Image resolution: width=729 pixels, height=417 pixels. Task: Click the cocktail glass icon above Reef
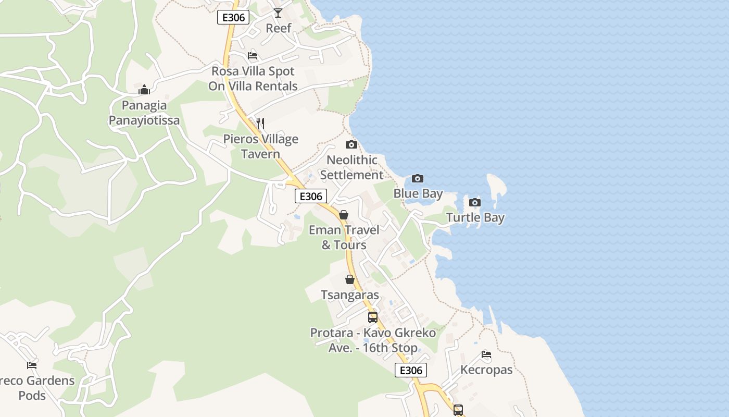[x=278, y=13]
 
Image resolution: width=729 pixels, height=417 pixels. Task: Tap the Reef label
[x=279, y=28]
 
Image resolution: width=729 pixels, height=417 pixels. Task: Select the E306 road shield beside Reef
[x=233, y=17]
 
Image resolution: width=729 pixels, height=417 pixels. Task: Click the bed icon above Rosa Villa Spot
[x=253, y=56]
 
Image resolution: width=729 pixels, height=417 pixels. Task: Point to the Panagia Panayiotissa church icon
[x=144, y=90]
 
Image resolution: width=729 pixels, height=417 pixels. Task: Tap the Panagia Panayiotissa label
[x=144, y=113]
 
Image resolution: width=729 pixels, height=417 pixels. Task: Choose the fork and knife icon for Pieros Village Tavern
[x=260, y=124]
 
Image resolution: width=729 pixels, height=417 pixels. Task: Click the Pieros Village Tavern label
[x=261, y=146]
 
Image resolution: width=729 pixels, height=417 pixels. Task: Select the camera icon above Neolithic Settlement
[x=351, y=144]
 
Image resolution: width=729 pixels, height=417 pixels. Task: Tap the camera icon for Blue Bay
[x=418, y=179]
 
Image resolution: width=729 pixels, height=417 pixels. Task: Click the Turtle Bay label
[x=475, y=217]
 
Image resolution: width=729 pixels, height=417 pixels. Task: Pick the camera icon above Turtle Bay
[x=474, y=202]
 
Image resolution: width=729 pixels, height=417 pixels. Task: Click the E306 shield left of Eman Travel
[x=311, y=196]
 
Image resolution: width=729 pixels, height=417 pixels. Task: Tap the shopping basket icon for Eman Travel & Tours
[x=344, y=215]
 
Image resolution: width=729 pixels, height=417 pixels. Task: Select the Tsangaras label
[x=350, y=295]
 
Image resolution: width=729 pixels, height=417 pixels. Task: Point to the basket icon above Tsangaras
[x=350, y=280]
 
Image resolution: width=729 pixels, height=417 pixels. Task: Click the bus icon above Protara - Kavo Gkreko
[x=373, y=317]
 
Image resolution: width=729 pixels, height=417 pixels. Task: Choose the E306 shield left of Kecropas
[x=411, y=370]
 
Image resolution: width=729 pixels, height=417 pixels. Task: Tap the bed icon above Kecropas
[x=486, y=354]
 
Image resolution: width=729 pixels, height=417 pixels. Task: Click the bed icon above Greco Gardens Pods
[x=32, y=365]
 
